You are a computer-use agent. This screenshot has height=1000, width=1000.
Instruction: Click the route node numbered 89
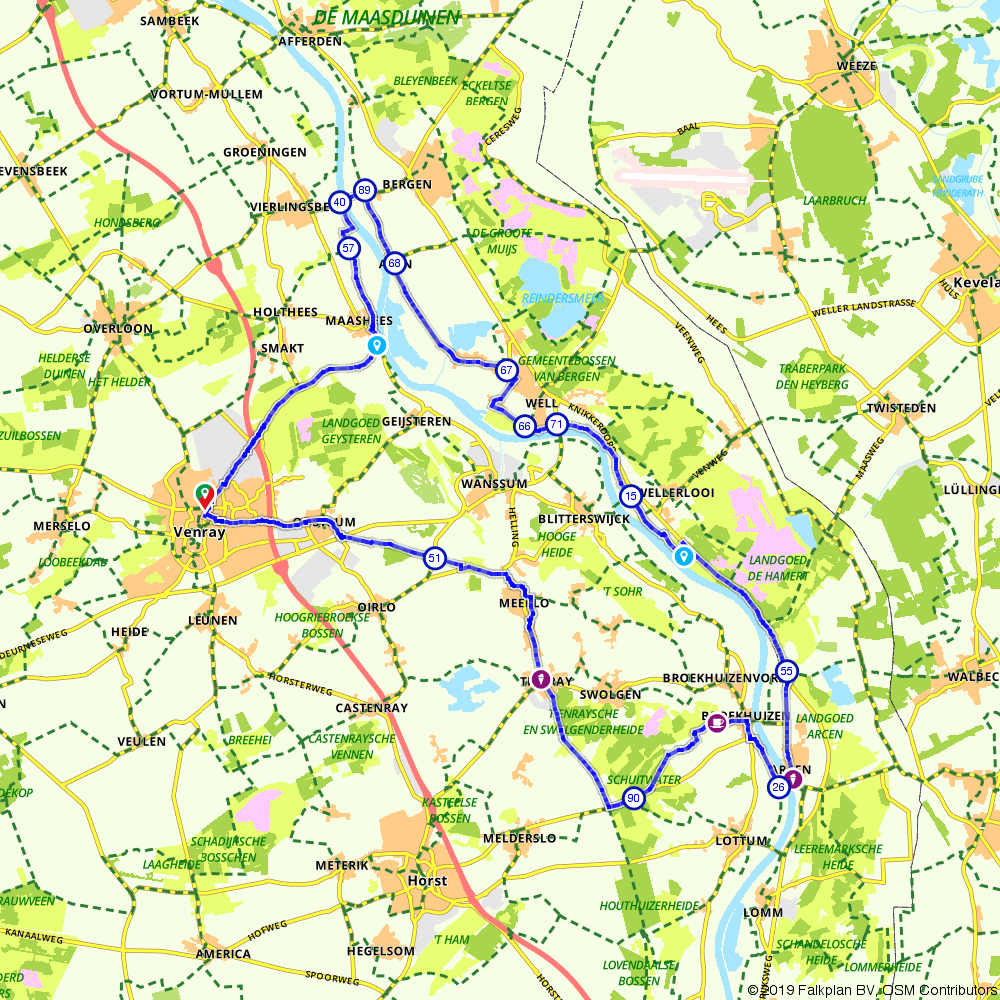(x=364, y=190)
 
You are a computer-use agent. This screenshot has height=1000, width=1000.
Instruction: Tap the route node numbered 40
(x=340, y=202)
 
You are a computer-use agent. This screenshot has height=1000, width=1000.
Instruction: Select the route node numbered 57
(x=348, y=247)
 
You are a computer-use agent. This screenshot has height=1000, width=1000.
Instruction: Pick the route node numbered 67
(x=507, y=370)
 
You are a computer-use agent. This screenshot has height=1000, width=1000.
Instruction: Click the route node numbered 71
(x=557, y=425)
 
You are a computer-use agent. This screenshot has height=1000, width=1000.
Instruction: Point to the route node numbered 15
(x=630, y=496)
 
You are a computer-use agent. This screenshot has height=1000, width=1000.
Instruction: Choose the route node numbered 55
(x=787, y=671)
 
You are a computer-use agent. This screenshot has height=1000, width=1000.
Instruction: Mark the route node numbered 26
(x=778, y=788)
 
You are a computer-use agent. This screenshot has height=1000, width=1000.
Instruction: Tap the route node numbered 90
(x=632, y=798)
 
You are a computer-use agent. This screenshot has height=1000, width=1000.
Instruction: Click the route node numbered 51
(x=434, y=558)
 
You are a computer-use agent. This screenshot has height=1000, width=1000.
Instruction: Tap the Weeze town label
(x=858, y=66)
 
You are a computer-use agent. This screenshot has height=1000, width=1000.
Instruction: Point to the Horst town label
(x=428, y=881)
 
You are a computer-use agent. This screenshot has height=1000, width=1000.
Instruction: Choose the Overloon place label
(x=118, y=328)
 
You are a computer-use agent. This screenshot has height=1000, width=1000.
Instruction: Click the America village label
(x=223, y=954)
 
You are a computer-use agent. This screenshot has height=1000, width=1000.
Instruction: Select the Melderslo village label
(x=518, y=838)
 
